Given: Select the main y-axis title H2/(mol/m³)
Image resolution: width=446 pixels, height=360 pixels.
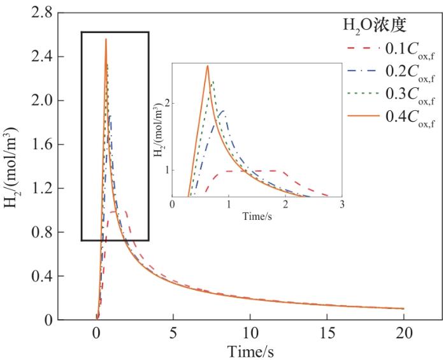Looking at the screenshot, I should pyautogui.click(x=13, y=166).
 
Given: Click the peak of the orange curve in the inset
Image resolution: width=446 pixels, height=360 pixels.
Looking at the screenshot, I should pyautogui.click(x=207, y=66).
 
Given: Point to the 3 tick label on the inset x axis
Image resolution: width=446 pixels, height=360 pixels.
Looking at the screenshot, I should pyautogui.click(x=342, y=205).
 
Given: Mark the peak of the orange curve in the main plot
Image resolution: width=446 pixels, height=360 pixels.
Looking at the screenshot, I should pyautogui.click(x=106, y=40).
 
